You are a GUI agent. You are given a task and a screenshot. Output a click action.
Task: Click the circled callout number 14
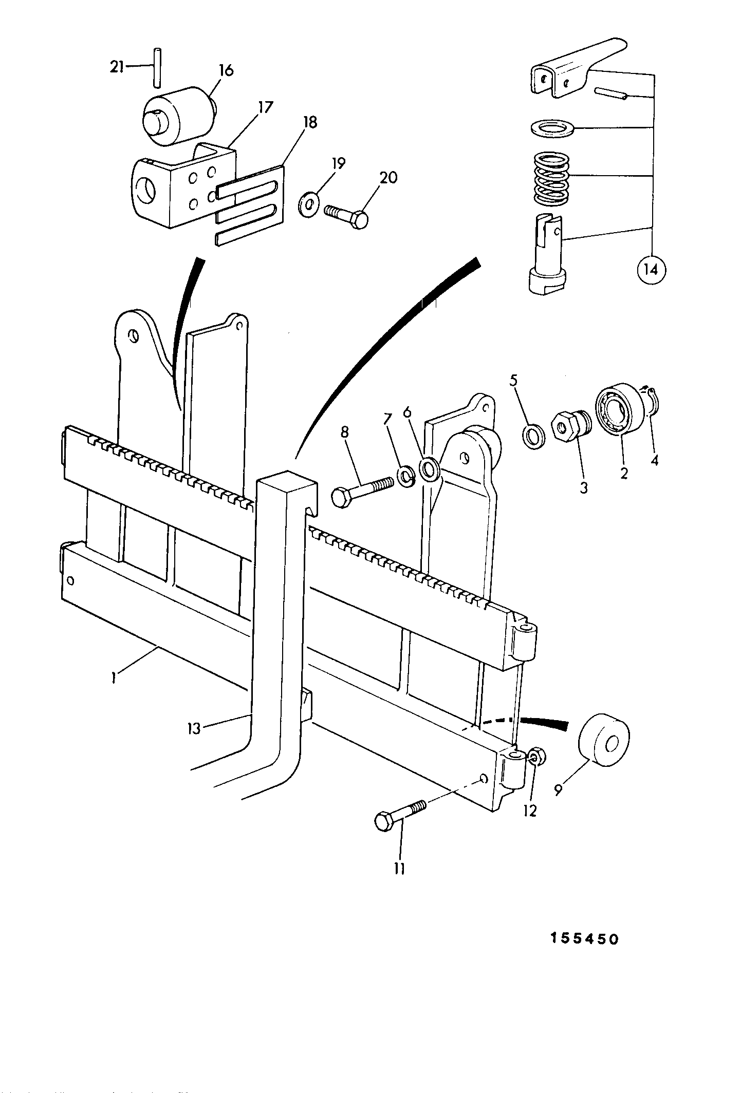coord(651,269)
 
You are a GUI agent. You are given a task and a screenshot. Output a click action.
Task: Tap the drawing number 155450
coord(585,938)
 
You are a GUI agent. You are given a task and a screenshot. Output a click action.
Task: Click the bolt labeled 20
coord(346,216)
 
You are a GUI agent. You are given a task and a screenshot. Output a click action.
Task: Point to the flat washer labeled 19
coord(309,204)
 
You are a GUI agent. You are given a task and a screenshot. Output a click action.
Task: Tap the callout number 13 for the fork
coord(194,728)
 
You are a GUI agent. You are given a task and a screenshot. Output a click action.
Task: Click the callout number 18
coord(310,123)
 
